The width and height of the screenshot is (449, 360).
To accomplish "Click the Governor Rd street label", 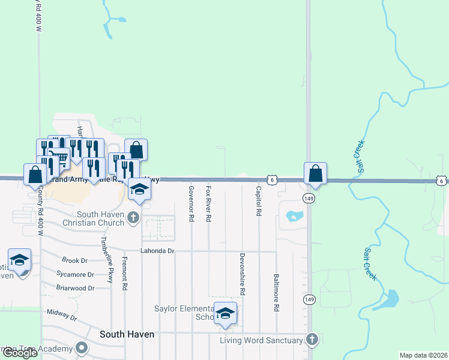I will point(191,204).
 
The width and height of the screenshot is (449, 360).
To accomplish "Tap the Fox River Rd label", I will point(208,204).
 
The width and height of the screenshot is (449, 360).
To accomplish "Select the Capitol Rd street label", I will point(259,201).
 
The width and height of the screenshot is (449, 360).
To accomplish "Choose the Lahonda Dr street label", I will point(157,251).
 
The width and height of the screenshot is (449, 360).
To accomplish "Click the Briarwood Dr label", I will point(74,288).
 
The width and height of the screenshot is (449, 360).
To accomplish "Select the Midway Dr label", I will point(62,314).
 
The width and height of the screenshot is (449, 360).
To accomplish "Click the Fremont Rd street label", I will point(125,274).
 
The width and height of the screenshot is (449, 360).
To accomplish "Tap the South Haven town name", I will point(127,334).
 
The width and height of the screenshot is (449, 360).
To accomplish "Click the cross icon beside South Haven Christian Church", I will point(133,218).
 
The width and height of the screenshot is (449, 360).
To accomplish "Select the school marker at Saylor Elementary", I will point(226,313).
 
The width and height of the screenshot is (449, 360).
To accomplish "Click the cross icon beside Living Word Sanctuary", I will point(311,340).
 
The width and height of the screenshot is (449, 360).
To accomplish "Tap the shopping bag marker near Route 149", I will point(315,174).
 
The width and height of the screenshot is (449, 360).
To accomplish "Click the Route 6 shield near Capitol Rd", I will point(273,180).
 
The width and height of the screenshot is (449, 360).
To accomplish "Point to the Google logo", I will point(20,353).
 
